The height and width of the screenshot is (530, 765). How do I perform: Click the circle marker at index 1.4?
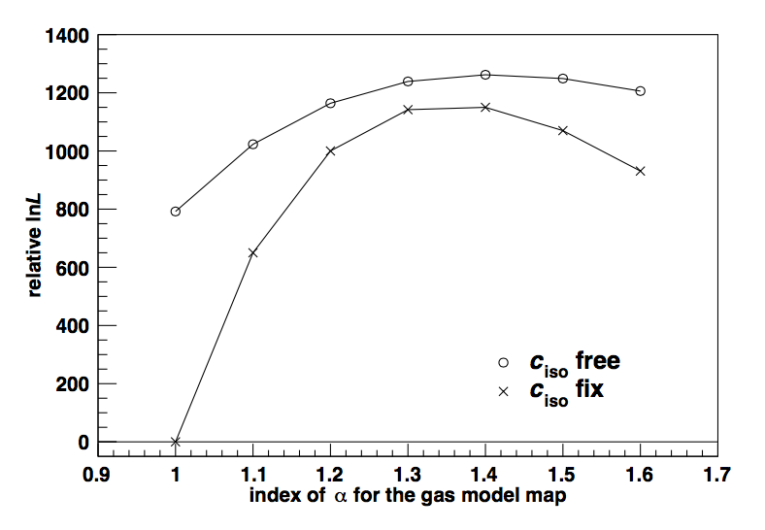coord(485,75)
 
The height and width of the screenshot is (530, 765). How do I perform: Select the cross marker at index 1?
coord(176,442)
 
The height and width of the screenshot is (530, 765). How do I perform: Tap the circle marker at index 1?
coord(176,212)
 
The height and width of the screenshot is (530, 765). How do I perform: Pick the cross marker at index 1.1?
coord(253,253)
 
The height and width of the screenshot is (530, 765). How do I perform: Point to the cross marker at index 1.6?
coord(641,171)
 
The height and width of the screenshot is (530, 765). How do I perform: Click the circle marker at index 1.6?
coord(641,91)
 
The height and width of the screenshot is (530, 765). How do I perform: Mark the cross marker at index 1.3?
coord(408,110)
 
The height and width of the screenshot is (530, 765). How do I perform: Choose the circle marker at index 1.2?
coord(331,103)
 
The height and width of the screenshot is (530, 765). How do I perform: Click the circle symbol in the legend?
coord(503,362)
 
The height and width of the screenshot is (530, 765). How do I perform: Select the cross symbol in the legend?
coord(503,391)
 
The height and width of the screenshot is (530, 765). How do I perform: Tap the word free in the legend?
coord(597,361)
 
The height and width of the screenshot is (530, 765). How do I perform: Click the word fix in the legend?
coord(589,390)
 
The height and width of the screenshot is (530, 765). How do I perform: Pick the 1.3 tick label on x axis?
coord(408,477)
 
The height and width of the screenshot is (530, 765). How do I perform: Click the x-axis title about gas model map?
coord(408,498)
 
